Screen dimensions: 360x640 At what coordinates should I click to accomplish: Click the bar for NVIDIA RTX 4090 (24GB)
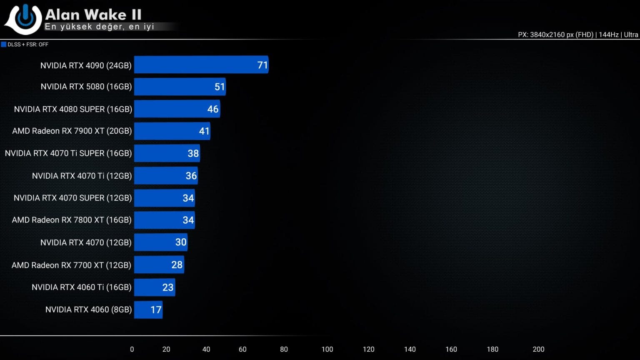tap(201, 65)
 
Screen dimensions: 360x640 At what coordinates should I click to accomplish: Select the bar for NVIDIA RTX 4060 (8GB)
tap(148, 310)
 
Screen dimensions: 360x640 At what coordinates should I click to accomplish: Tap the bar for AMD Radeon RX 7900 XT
tap(172, 131)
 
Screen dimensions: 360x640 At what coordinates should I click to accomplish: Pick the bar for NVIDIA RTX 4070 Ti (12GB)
tap(166, 175)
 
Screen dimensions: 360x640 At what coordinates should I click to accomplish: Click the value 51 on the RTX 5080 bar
tap(220, 87)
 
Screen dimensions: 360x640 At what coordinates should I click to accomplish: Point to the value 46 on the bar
tap(213, 109)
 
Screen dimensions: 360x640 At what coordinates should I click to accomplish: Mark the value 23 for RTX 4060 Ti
tap(168, 287)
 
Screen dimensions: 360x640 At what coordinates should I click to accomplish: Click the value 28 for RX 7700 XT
tap(177, 265)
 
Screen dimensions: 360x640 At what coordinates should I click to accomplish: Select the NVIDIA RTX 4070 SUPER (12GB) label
tap(72, 198)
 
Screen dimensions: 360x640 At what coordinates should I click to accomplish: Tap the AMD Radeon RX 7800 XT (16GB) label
tap(72, 220)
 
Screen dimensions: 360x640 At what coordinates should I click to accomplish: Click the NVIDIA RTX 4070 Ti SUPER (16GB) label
tap(68, 153)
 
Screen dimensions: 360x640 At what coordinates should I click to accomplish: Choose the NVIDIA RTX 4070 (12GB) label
tap(86, 242)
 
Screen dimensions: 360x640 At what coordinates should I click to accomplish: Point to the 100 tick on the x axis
tap(327, 349)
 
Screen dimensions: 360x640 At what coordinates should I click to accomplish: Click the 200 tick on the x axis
tap(538, 349)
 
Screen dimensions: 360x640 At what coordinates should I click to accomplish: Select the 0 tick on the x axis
tap(132, 349)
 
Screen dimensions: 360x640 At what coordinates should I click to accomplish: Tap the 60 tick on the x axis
tap(242, 349)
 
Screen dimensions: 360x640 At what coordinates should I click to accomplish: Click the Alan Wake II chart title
tap(93, 15)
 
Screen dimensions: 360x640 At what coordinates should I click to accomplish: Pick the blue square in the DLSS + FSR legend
tap(4, 45)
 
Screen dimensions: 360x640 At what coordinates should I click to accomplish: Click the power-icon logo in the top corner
tap(24, 19)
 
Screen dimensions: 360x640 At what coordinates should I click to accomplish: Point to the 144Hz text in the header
tap(609, 35)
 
